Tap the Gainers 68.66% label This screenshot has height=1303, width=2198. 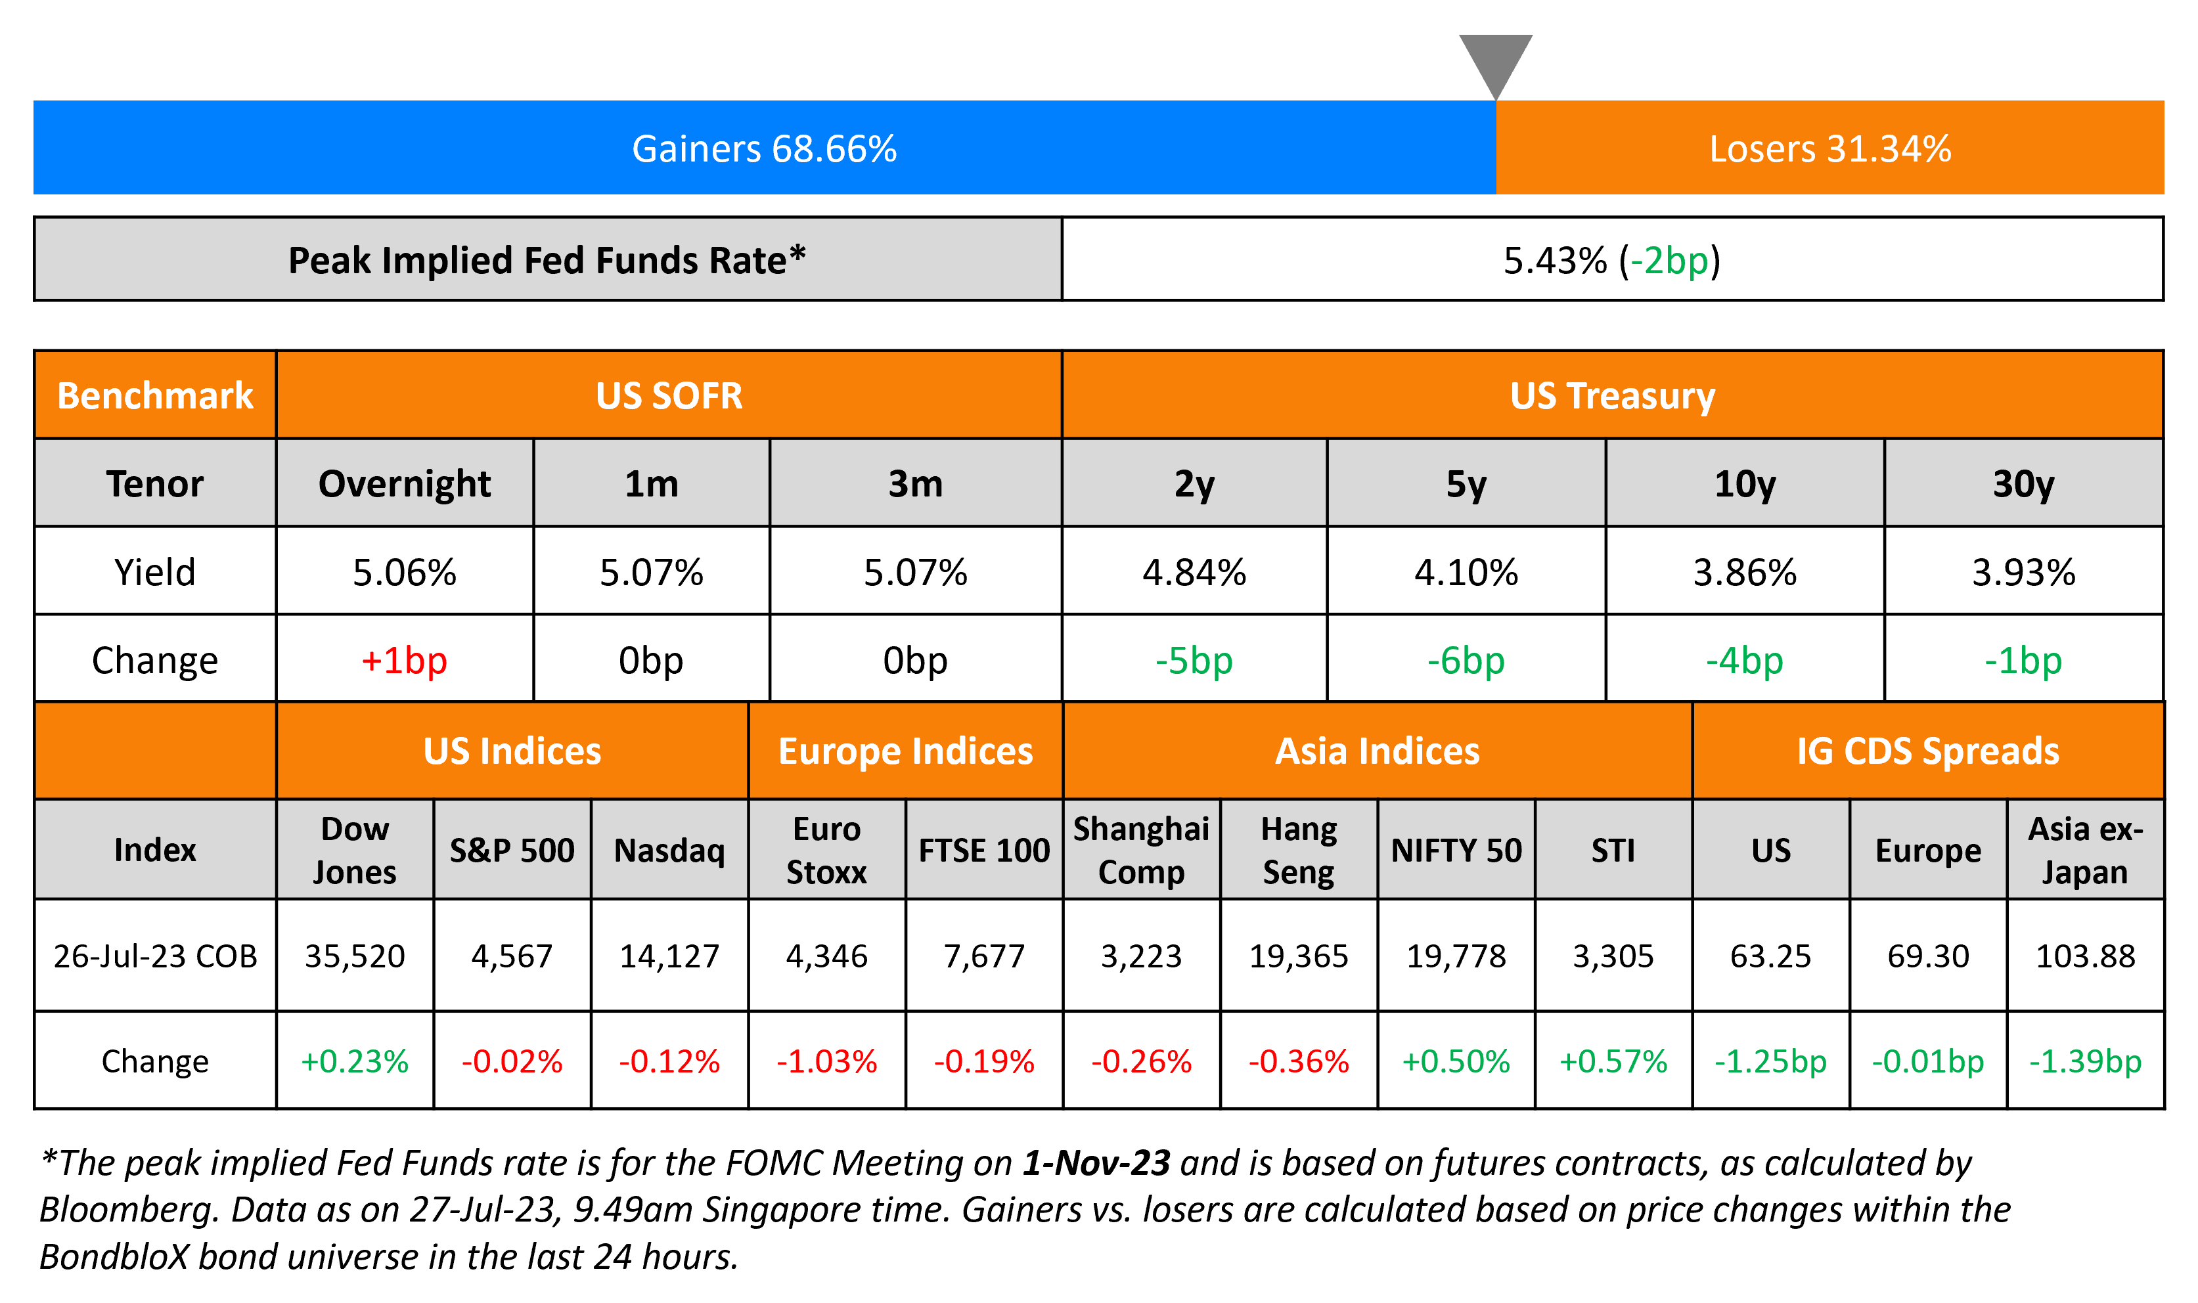point(764,148)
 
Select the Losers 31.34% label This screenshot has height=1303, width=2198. point(1829,148)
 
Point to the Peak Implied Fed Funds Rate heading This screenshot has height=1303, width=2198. point(546,261)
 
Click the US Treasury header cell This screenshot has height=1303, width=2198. point(1611,396)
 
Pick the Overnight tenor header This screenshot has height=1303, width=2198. point(404,484)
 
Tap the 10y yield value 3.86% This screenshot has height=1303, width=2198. point(1744,573)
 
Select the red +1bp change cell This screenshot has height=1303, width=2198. point(404,660)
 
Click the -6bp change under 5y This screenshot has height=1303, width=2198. point(1466,660)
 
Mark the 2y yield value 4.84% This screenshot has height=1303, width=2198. point(1194,573)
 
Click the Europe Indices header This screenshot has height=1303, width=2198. point(905,751)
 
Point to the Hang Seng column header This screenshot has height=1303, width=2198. point(1298,850)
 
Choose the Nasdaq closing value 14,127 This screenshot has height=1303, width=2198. point(669,956)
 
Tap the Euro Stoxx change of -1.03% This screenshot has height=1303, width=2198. point(826,1061)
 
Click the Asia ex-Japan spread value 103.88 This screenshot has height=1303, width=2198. point(2085,956)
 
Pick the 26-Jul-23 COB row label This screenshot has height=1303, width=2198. point(156,956)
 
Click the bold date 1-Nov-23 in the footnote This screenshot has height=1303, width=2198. point(1096,1163)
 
